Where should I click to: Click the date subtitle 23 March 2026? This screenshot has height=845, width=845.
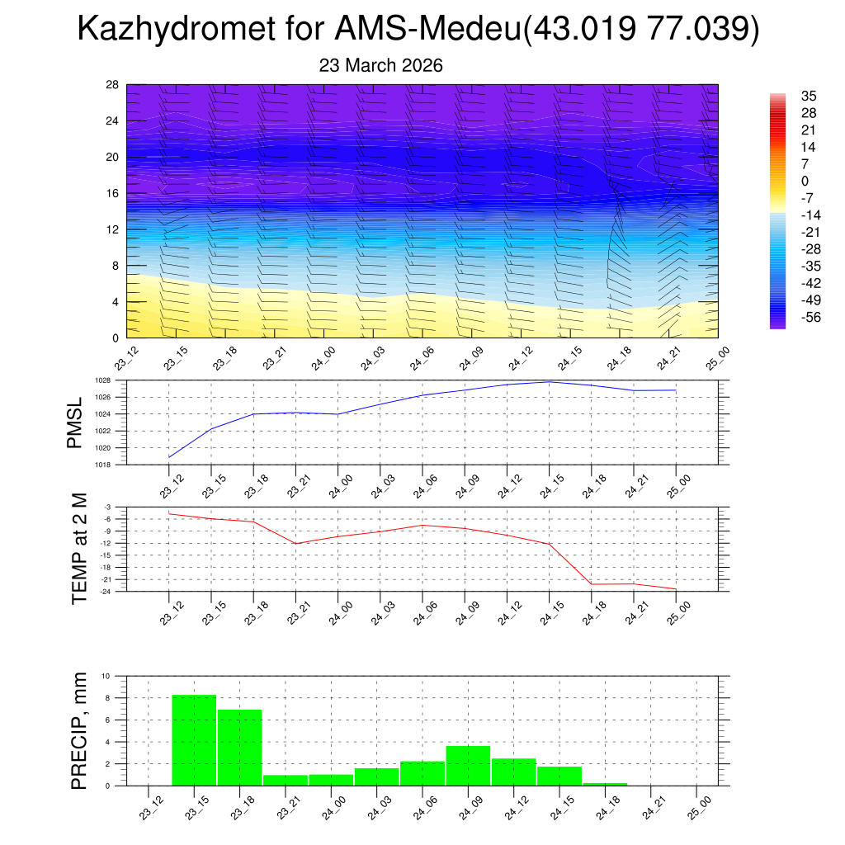(x=380, y=65)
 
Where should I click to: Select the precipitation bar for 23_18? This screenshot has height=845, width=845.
(x=240, y=747)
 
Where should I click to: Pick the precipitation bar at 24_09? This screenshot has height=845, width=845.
(x=468, y=766)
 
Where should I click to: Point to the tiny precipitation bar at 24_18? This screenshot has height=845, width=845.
(x=605, y=784)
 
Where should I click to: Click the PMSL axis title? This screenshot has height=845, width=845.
(x=75, y=422)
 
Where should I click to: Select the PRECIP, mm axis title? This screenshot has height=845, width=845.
(x=79, y=730)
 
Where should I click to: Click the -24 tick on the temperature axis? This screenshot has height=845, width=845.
(x=107, y=592)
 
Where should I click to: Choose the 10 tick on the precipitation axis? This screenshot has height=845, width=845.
(x=106, y=676)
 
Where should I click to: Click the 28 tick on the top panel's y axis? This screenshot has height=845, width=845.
(x=112, y=84)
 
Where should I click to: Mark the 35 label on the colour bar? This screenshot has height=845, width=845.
(x=809, y=97)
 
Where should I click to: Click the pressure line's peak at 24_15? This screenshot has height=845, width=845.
(x=549, y=381)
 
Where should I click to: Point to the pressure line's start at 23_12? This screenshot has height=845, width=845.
(x=169, y=457)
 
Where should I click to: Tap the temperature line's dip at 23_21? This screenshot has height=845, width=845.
(x=295, y=543)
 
